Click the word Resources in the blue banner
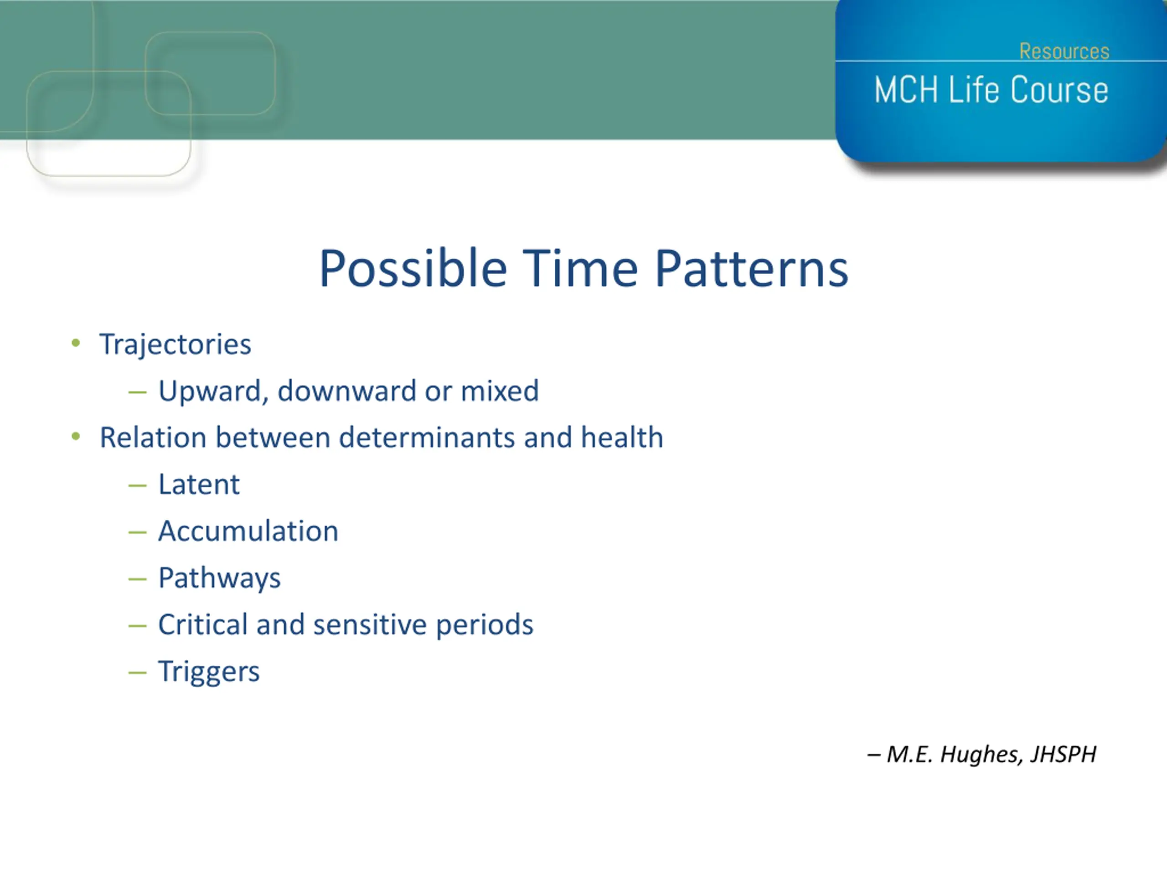click(1064, 51)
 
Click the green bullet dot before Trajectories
click(76, 343)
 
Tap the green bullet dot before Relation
click(76, 437)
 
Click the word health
click(622, 437)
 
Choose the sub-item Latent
click(199, 484)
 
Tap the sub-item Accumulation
click(248, 531)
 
